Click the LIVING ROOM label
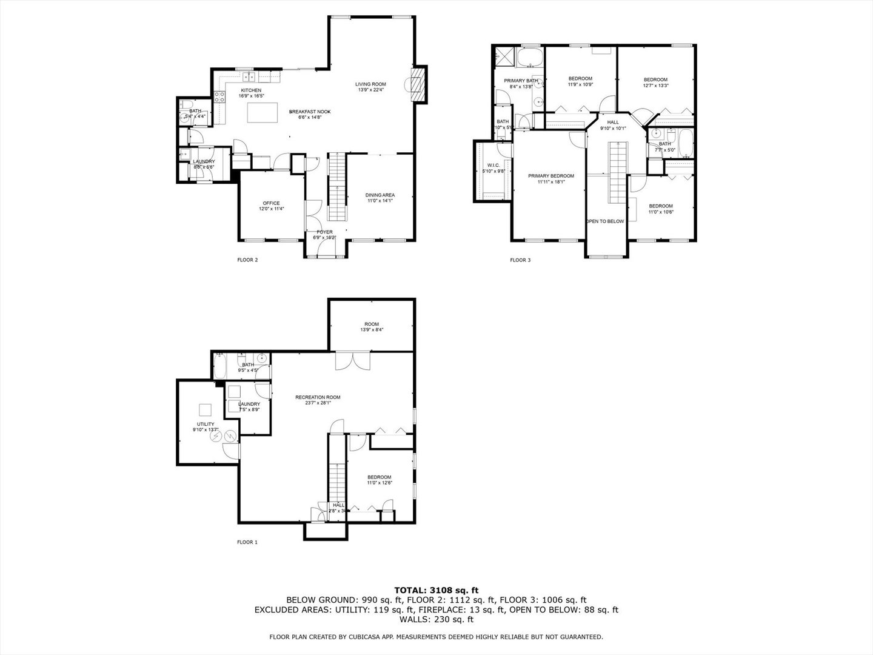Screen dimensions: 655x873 (x=370, y=84)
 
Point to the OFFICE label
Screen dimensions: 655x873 (x=271, y=203)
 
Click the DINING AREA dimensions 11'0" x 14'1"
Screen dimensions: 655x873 (x=380, y=201)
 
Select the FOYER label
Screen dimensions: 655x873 (x=325, y=232)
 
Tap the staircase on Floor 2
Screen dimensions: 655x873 (x=336, y=187)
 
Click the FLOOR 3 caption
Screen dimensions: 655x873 (x=520, y=260)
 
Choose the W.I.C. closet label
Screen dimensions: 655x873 (x=493, y=165)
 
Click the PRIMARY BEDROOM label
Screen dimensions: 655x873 (x=550, y=176)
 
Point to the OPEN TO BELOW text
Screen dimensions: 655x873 (x=605, y=221)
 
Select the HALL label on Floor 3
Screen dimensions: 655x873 (x=613, y=123)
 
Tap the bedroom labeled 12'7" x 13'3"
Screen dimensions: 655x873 (x=655, y=79)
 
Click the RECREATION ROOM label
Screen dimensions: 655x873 (x=318, y=397)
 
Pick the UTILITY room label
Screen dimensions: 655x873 (x=206, y=424)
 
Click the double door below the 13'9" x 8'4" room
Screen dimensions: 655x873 (x=352, y=360)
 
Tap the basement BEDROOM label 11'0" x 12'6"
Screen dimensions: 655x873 (x=379, y=477)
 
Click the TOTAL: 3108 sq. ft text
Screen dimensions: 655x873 (x=436, y=589)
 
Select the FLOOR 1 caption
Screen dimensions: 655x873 (x=247, y=542)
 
